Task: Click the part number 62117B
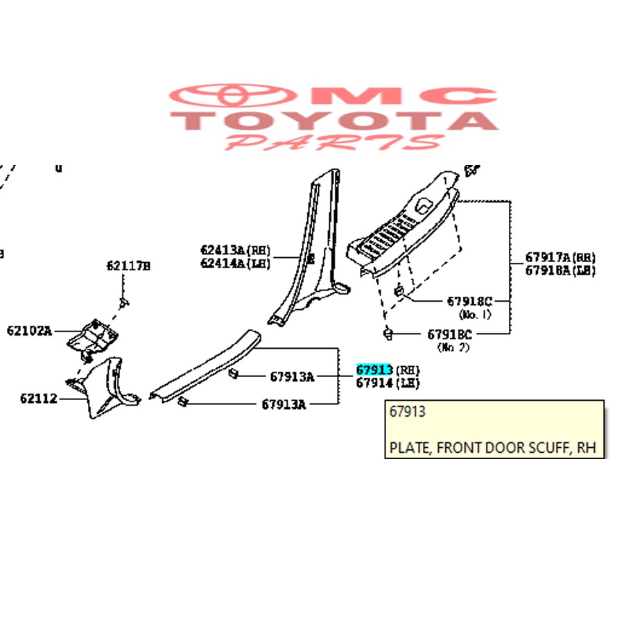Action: (x=128, y=265)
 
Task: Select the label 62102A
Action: (x=29, y=331)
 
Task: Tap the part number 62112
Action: (x=38, y=399)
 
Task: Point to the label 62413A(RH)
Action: (x=235, y=250)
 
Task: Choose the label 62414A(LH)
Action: (x=235, y=263)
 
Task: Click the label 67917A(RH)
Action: (x=560, y=257)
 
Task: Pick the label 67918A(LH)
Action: (x=560, y=270)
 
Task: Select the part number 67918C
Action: (x=469, y=301)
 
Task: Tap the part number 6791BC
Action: (x=450, y=333)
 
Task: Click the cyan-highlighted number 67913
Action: (x=374, y=370)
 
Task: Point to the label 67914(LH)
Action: (x=388, y=383)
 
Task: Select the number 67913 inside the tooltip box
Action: (x=408, y=412)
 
